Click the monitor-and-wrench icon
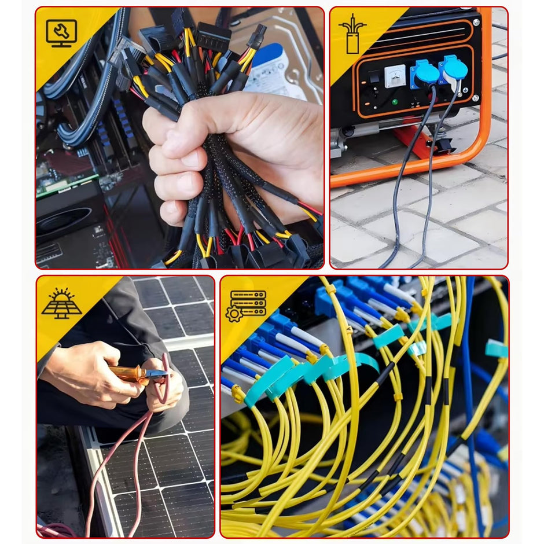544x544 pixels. tap(61, 33)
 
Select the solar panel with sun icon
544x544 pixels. tap(61, 303)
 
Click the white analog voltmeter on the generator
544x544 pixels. tap(395, 75)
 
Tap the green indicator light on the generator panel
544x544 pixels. tap(394, 102)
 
